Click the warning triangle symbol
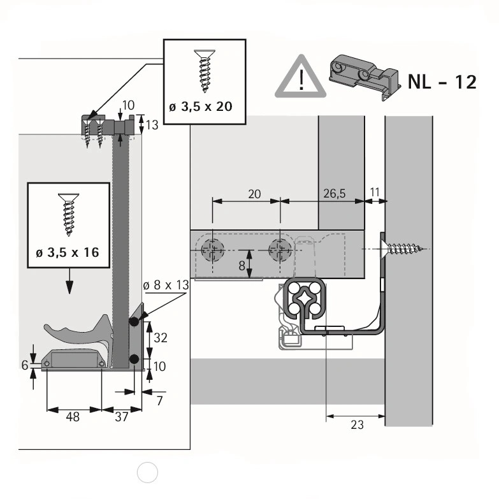(x=300, y=78)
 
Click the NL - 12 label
(x=442, y=82)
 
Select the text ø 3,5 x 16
(x=68, y=252)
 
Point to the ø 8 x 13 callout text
(x=166, y=285)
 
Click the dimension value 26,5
(x=334, y=194)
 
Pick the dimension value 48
(x=73, y=417)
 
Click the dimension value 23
(x=357, y=424)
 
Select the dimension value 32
(x=160, y=338)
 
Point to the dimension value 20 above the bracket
(x=254, y=194)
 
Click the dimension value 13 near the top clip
(x=152, y=125)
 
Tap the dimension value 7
(x=159, y=401)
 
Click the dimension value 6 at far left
(x=25, y=365)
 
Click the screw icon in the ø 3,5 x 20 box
(x=205, y=71)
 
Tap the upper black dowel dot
(x=134, y=322)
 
